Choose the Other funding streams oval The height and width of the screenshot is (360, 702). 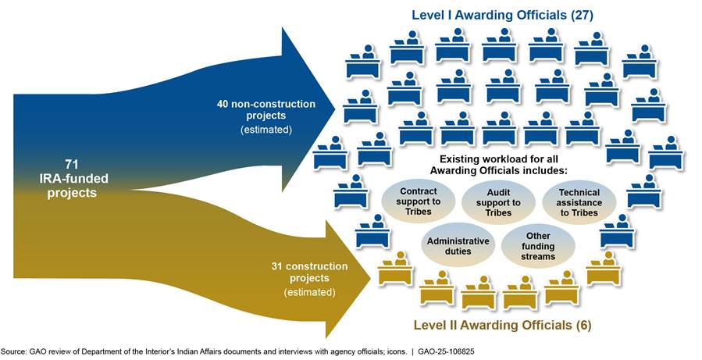click(539, 246)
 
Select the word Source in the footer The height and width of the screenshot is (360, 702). click(15, 351)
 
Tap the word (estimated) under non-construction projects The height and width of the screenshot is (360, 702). click(266, 130)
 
